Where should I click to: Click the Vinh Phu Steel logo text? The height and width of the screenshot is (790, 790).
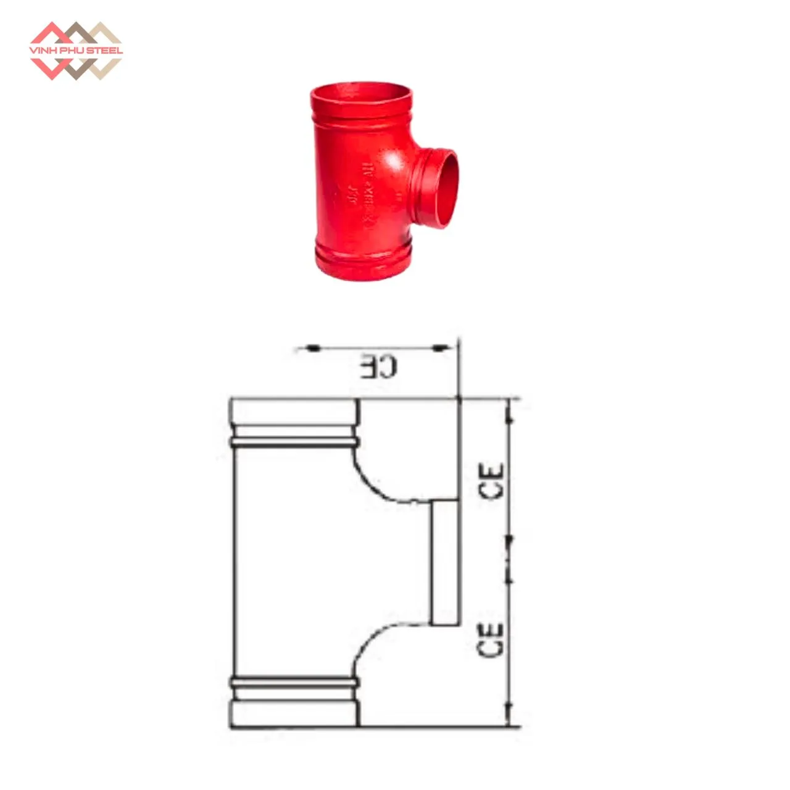[77, 50]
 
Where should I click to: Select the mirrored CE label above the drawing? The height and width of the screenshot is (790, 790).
[379, 367]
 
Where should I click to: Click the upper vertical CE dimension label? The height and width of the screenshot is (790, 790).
[492, 481]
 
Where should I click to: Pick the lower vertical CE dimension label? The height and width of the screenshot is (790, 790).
[492, 639]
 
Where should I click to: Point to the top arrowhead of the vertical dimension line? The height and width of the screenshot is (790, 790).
[509, 410]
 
